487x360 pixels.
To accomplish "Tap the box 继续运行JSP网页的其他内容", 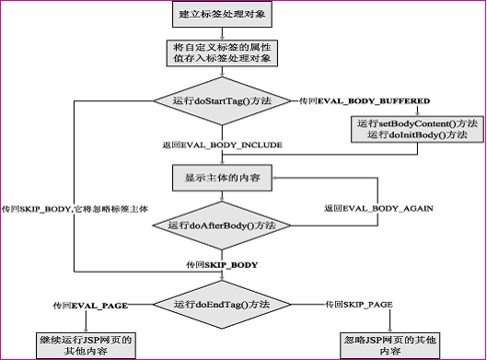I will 86,345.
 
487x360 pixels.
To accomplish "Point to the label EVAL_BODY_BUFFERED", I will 373,99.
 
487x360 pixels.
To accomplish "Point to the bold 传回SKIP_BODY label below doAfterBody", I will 221,264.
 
